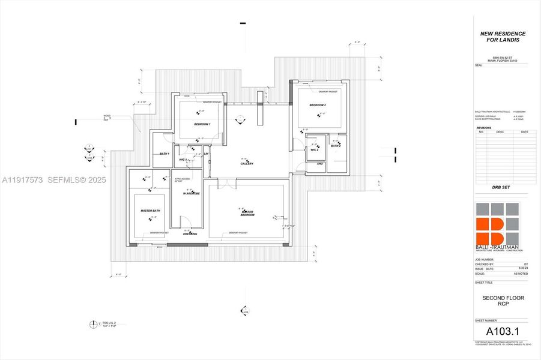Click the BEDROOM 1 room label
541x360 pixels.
(202, 124)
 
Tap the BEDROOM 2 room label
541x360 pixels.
(317, 105)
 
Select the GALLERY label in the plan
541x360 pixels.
(247, 163)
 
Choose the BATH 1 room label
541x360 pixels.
(165, 154)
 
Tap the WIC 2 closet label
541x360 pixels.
(313, 149)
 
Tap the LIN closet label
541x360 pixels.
(206, 154)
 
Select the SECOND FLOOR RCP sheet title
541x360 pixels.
(500, 301)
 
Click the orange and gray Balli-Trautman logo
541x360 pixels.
(498, 225)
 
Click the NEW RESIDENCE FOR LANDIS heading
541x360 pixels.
(503, 37)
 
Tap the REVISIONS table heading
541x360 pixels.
(483, 128)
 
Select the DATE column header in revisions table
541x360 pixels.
(524, 132)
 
